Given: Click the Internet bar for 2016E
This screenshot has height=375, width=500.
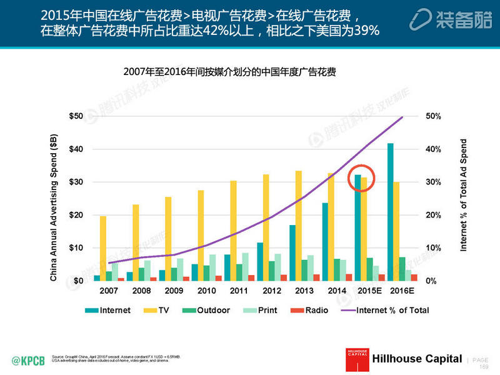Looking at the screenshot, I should [x=391, y=212].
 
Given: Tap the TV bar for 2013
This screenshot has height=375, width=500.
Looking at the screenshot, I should [x=299, y=226].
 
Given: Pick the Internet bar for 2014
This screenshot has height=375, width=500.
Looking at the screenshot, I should [x=325, y=241].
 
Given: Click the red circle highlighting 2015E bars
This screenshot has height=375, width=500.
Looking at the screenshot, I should [x=361, y=176].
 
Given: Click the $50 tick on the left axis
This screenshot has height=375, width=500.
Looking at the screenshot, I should [x=76, y=116].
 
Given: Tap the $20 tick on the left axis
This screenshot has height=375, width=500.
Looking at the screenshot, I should [x=76, y=215].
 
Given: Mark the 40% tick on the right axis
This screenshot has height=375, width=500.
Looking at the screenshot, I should [x=434, y=149].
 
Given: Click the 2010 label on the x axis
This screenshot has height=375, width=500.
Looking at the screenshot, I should [x=206, y=291].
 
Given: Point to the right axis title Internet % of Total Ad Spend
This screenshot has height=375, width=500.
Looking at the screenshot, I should [x=464, y=196].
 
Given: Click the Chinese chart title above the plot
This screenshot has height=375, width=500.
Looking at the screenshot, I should [x=230, y=72].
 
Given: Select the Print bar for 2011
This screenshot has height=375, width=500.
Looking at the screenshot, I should [x=246, y=266].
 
